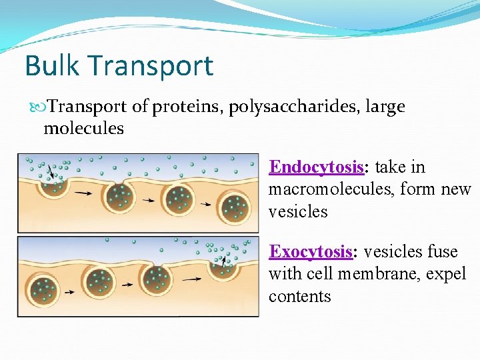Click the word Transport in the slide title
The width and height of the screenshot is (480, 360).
[151, 66]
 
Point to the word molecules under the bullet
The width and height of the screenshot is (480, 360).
[83, 128]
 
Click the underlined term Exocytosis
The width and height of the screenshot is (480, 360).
[310, 251]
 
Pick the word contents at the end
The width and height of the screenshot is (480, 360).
[299, 296]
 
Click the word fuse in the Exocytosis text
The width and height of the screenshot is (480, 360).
[443, 251]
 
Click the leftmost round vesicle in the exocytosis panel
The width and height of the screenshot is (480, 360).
[45, 290]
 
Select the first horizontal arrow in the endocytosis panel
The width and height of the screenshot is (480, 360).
[83, 193]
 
